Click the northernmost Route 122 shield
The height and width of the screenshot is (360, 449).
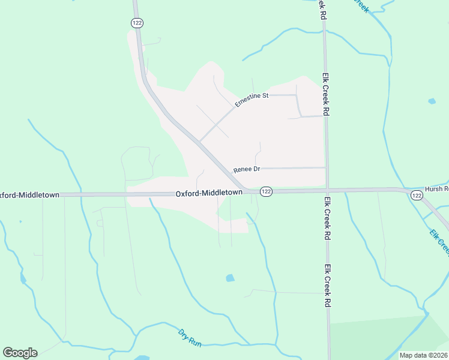pos(137,22)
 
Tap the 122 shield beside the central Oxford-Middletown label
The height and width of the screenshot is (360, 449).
pos(267,191)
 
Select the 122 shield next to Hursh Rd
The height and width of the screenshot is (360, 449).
pos(417,196)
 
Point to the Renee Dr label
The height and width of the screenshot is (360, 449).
pos(247,170)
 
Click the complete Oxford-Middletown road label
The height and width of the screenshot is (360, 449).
pos(209,193)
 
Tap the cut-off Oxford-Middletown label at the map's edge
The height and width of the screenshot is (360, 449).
pos(29,195)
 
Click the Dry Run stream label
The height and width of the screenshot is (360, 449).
pos(190,337)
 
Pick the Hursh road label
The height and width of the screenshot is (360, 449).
pos(436,188)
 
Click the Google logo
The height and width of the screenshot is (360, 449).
pos(20,353)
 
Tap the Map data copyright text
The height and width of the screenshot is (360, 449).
pos(423,355)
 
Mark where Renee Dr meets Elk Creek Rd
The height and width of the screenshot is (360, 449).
pos(326,167)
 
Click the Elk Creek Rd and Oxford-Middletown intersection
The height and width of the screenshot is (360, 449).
pos(327,190)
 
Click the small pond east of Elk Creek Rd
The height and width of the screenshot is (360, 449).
pos(432,101)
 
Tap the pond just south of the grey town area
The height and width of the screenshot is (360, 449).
pos(229,278)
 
